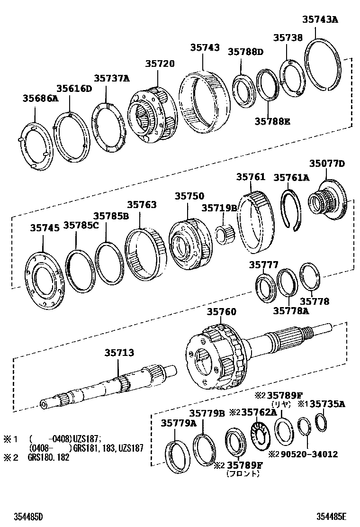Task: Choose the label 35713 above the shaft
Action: [119, 353]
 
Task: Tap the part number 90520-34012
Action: [309, 454]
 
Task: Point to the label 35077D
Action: [327, 164]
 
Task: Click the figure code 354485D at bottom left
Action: [25, 516]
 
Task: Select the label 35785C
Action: [81, 225]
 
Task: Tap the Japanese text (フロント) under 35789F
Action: [243, 473]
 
